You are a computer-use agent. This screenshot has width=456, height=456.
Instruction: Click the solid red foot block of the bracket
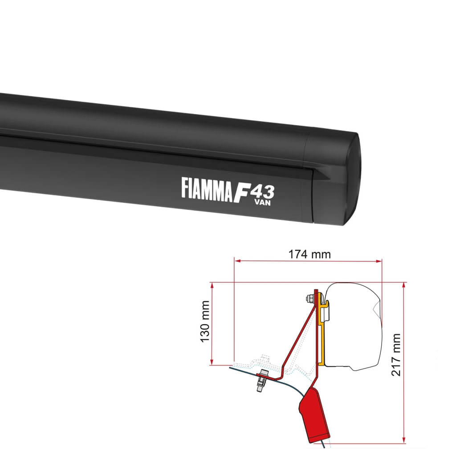pos(314,412)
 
